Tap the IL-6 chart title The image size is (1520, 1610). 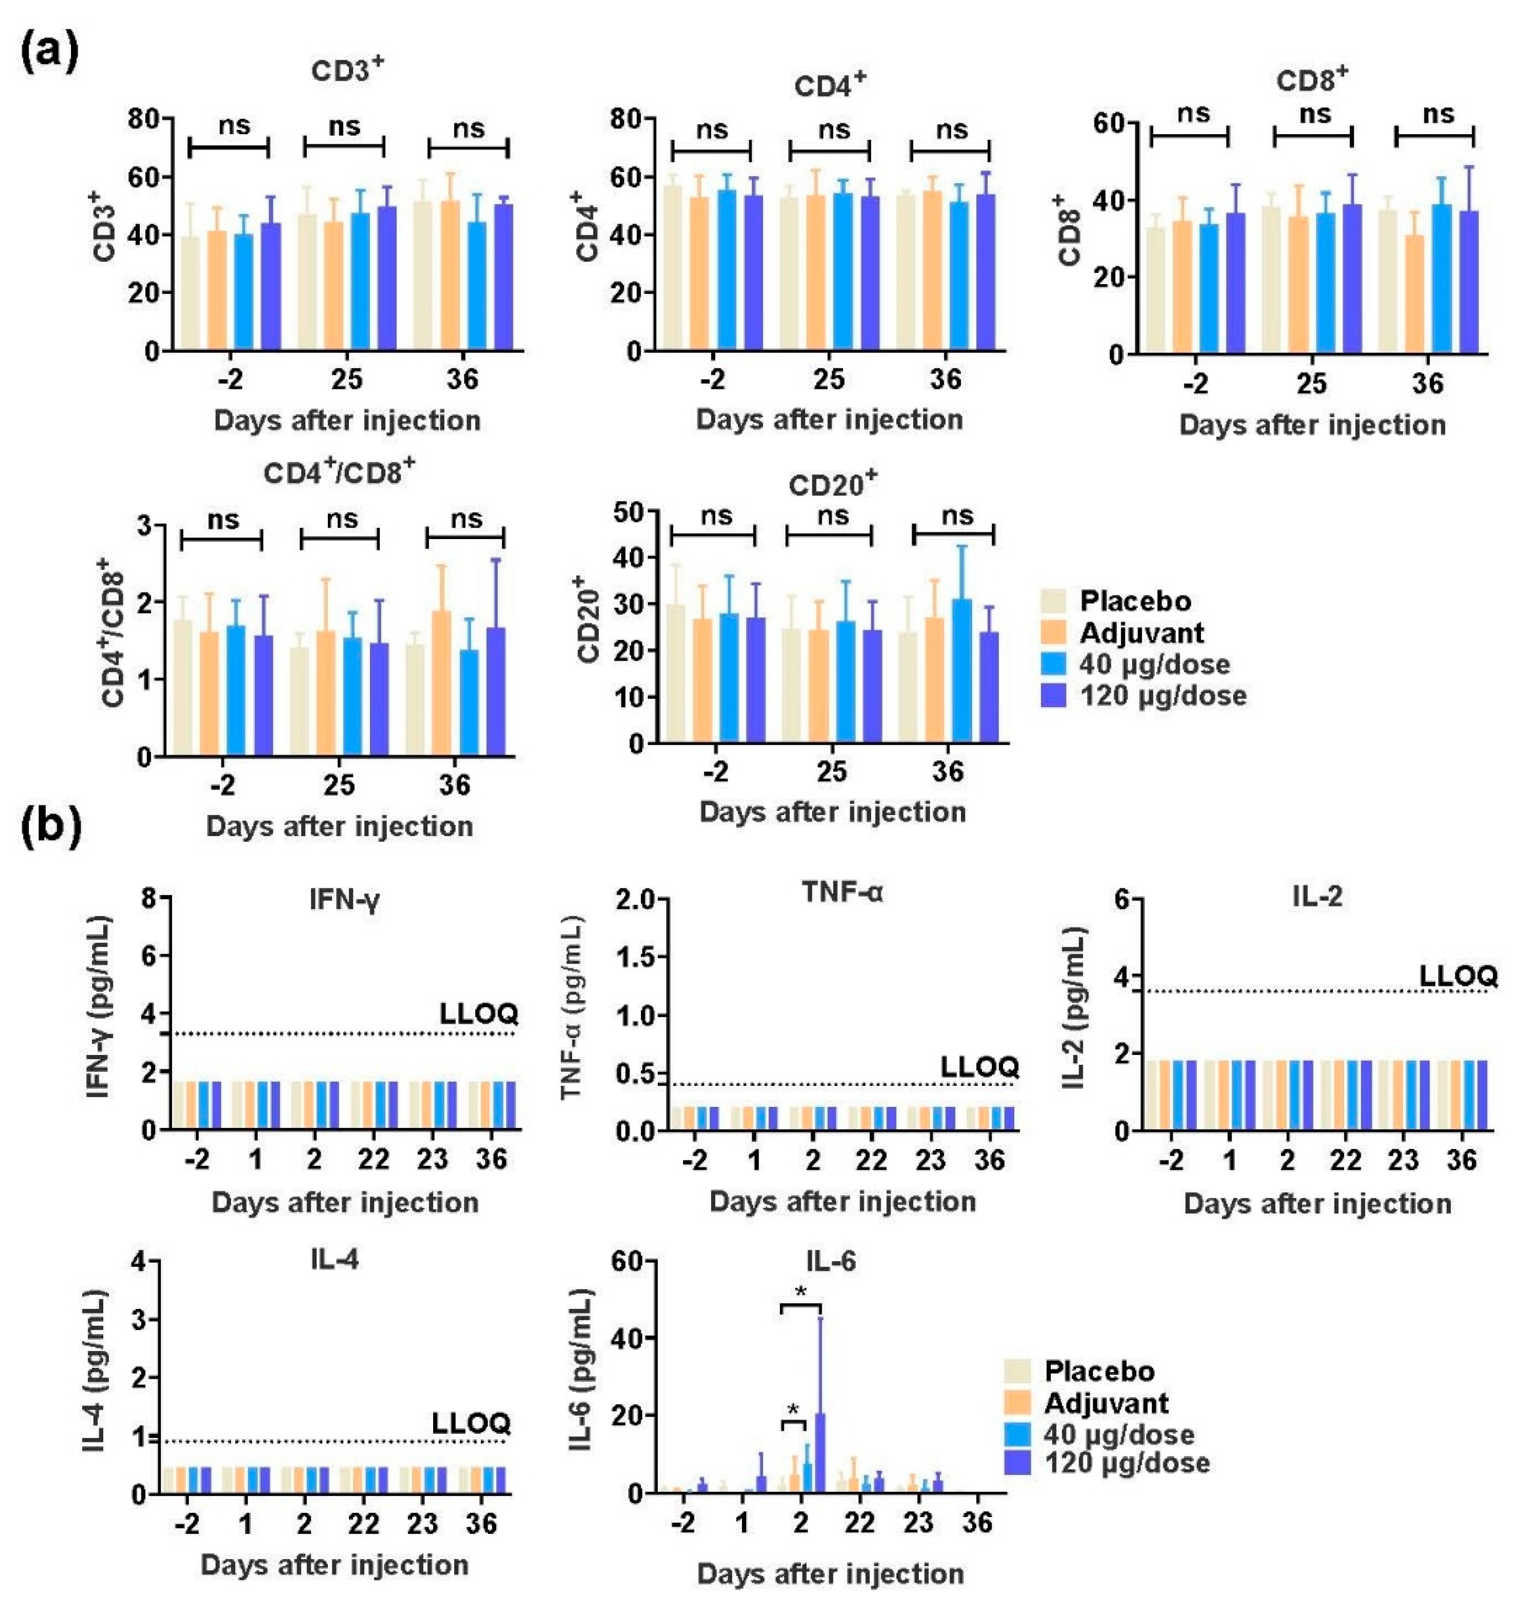830,1262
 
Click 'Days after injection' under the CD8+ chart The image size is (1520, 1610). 1312,425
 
